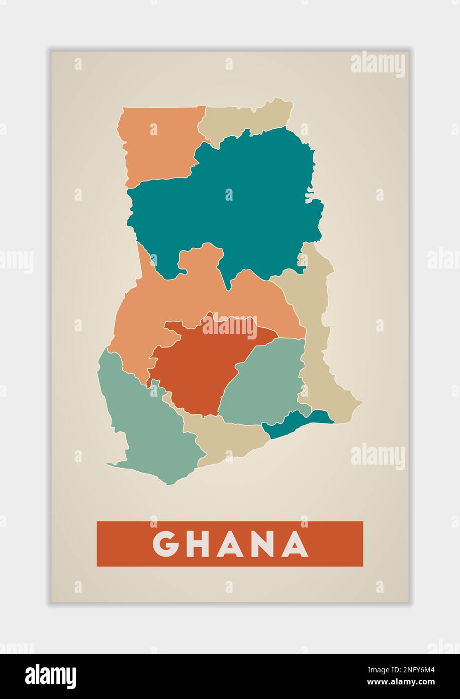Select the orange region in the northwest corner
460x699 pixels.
coord(158,146)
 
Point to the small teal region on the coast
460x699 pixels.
coord(297,422)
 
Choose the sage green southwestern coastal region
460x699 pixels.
coord(146,427)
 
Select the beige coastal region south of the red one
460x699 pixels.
coord(226,438)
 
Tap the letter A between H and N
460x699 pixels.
coord(231,544)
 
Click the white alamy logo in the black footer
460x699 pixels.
coord(51,676)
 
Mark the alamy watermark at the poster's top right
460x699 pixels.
coord(378,65)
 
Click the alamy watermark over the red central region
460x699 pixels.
coord(230,326)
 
